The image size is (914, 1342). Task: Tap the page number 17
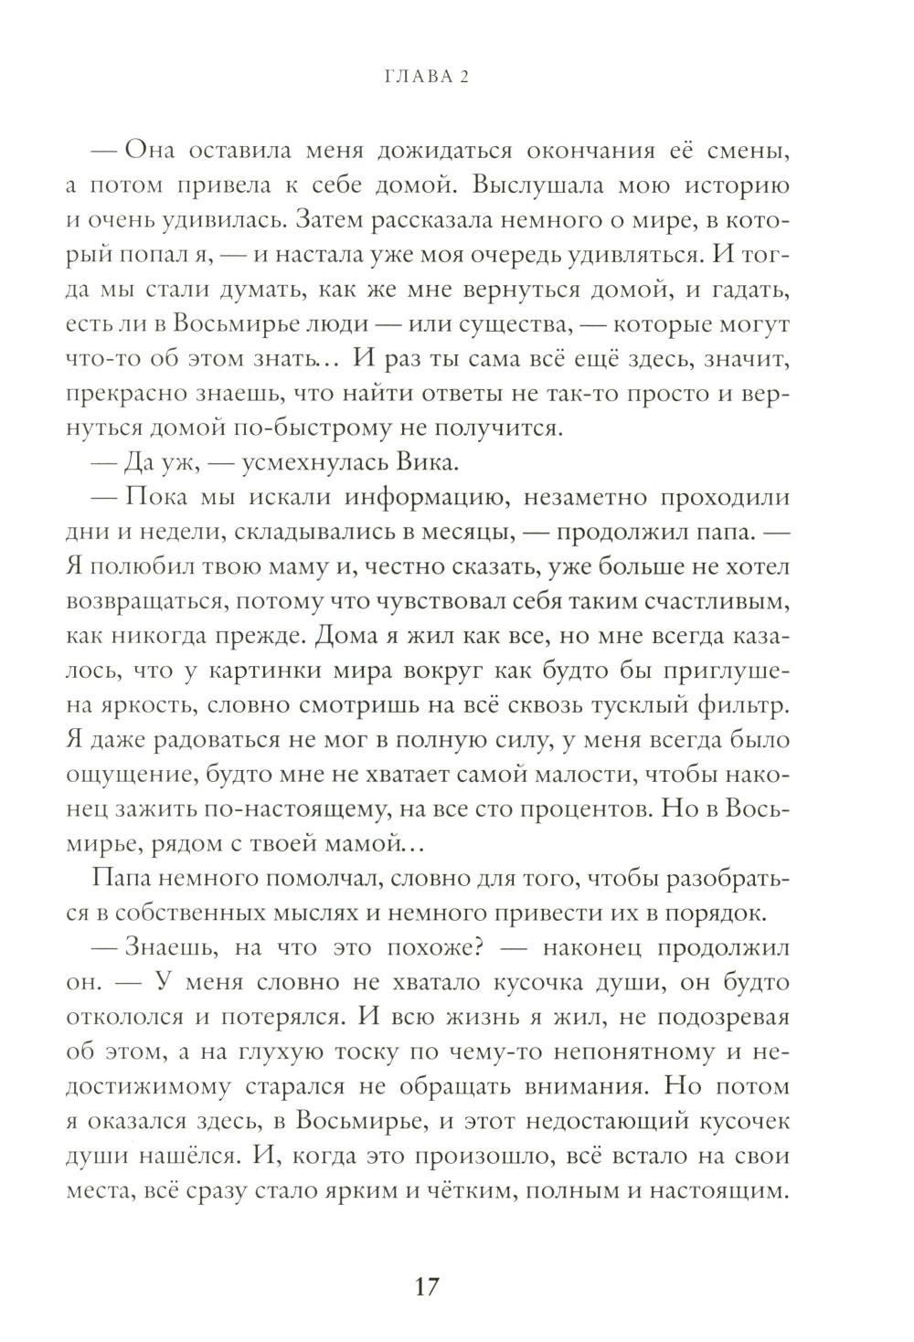pos(428,1289)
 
